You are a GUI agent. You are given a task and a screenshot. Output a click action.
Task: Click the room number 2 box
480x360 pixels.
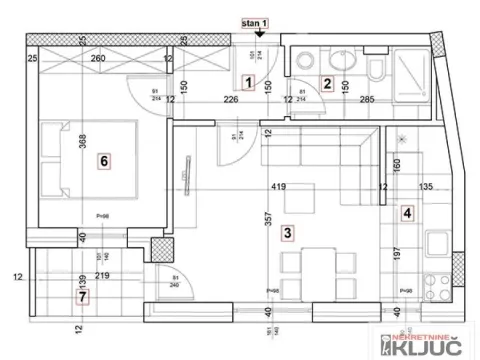coord(326,83)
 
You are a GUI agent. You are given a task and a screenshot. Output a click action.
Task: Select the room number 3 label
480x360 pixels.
coord(288,233)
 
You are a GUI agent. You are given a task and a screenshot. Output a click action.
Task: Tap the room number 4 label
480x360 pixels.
coord(407,212)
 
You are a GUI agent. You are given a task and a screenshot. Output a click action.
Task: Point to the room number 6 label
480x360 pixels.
coord(102,159)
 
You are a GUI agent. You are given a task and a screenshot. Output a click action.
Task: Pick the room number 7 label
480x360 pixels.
coord(82,296)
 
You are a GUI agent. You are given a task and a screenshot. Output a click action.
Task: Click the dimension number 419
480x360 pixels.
coord(278,186)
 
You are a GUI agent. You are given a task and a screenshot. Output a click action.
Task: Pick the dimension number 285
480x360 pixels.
coord(366,98)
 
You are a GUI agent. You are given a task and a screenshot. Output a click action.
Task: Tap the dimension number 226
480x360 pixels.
coord(230,98)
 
